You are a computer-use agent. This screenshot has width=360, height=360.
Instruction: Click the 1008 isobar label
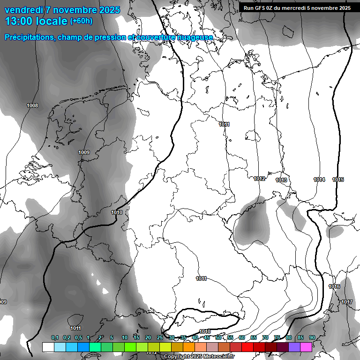(32, 105)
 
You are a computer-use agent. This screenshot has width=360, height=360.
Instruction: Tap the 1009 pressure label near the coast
(84, 152)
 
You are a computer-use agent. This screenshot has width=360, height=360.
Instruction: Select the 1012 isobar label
(260, 179)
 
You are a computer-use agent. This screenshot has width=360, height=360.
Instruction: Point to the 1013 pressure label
(281, 180)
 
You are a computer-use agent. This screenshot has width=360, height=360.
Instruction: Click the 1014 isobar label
(319, 180)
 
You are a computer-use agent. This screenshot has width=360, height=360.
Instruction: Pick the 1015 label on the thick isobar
(338, 180)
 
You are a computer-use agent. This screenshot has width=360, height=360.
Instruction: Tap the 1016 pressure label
(334, 286)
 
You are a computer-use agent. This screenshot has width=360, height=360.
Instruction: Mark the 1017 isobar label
(347, 302)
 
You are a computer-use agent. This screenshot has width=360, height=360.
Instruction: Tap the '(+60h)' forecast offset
(81, 21)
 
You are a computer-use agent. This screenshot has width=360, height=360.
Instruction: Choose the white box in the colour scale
(48, 347)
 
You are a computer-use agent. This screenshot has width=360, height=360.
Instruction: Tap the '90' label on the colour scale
(312, 338)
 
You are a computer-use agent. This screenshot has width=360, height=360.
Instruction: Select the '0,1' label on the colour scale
(55, 338)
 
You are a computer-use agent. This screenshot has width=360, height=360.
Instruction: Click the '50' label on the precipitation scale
(218, 338)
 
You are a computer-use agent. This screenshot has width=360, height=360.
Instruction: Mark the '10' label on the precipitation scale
(125, 338)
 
